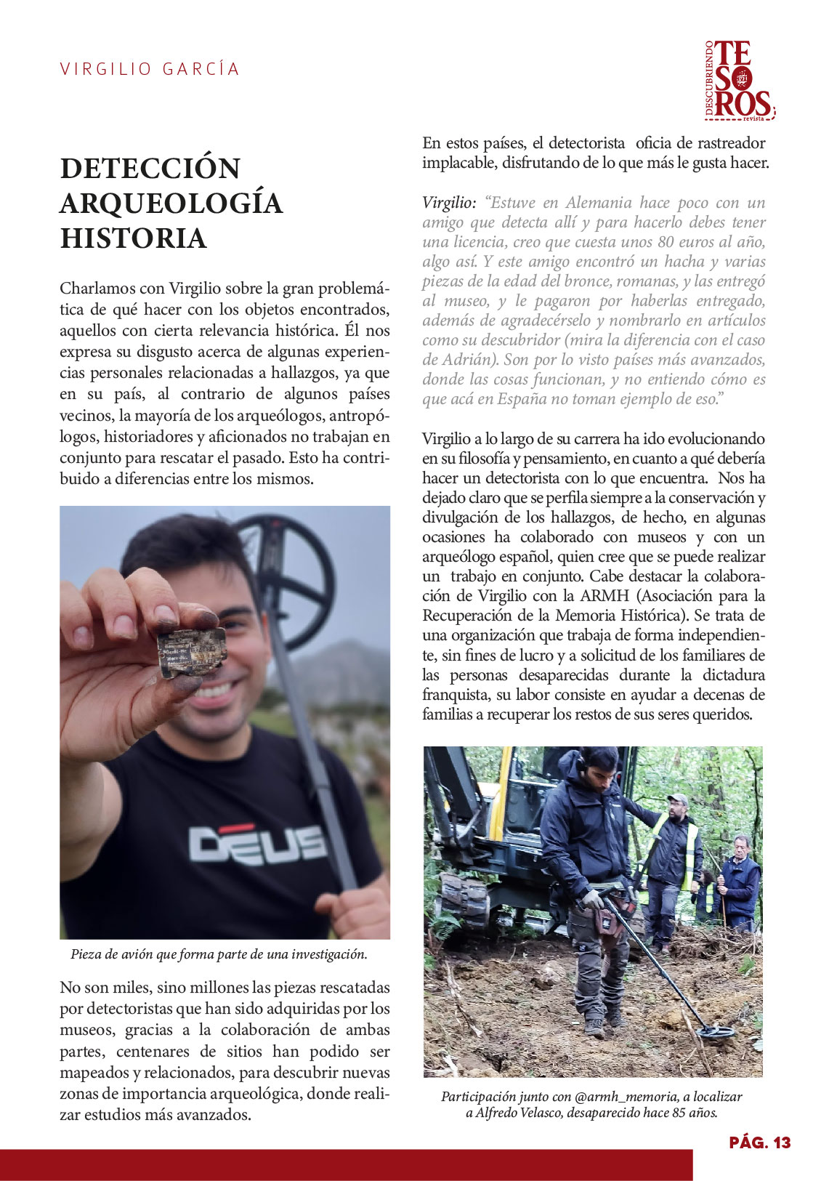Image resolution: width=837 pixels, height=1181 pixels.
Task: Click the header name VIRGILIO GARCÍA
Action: click(x=150, y=69)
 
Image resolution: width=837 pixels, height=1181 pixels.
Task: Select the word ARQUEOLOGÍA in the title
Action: click(x=171, y=203)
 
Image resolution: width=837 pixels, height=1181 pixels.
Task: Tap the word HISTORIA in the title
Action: click(x=134, y=238)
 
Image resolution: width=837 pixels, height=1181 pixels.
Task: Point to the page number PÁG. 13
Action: click(x=759, y=1142)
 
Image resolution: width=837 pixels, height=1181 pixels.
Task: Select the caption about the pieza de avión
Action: click(x=219, y=954)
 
